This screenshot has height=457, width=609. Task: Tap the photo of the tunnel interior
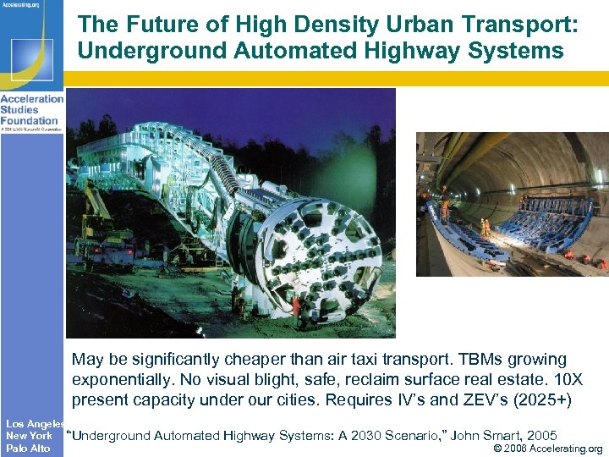point(512,204)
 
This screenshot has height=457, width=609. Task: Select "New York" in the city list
point(29,436)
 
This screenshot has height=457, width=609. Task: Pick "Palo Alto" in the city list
point(28,449)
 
